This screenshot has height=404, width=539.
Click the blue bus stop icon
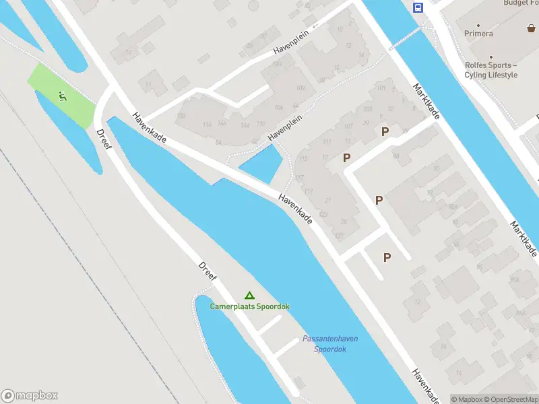(x=418, y=7)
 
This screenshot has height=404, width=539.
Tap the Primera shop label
(x=478, y=34)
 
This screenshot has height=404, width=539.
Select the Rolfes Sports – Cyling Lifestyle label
(x=490, y=70)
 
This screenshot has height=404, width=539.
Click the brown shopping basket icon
(x=532, y=28)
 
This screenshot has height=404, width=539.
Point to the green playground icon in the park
(x=63, y=96)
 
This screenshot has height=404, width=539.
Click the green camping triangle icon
(x=249, y=295)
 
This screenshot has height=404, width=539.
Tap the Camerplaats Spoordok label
(x=249, y=306)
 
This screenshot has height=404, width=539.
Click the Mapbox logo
(x=30, y=396)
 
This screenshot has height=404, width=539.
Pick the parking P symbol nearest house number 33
(x=385, y=132)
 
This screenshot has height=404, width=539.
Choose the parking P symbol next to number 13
(x=347, y=158)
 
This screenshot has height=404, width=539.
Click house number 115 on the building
(x=303, y=159)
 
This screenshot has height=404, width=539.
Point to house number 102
(x=300, y=88)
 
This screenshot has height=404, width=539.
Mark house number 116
(x=207, y=125)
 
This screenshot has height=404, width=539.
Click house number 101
(x=381, y=88)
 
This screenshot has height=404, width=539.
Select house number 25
(x=344, y=222)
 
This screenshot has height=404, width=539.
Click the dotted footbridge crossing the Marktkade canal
(x=408, y=38)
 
